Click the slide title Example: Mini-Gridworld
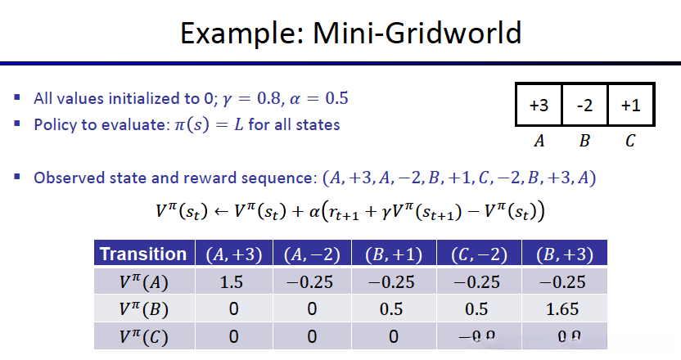tap(350, 34)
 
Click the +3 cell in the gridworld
tap(539, 105)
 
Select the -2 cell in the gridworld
tap(584, 105)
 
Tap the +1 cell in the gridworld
tap(629, 105)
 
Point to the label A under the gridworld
tap(539, 141)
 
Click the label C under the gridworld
tap(629, 141)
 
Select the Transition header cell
tap(143, 254)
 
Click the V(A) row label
tap(143, 283)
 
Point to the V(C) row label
tap(143, 337)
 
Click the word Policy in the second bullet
tap(54, 125)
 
